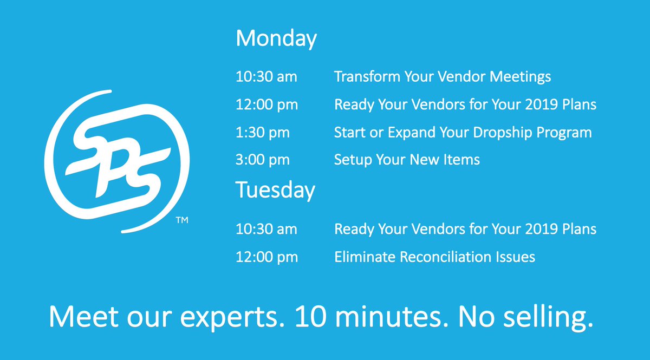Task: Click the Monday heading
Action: click(x=276, y=39)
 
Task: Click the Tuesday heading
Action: click(x=275, y=190)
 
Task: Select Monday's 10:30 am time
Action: click(x=266, y=77)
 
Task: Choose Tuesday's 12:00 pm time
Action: click(x=266, y=257)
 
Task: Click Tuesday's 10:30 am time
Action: click(x=266, y=229)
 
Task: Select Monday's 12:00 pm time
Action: click(x=266, y=104)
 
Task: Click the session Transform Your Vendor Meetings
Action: click(x=443, y=77)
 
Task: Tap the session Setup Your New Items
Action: click(x=407, y=160)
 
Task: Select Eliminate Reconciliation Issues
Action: click(x=434, y=257)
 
